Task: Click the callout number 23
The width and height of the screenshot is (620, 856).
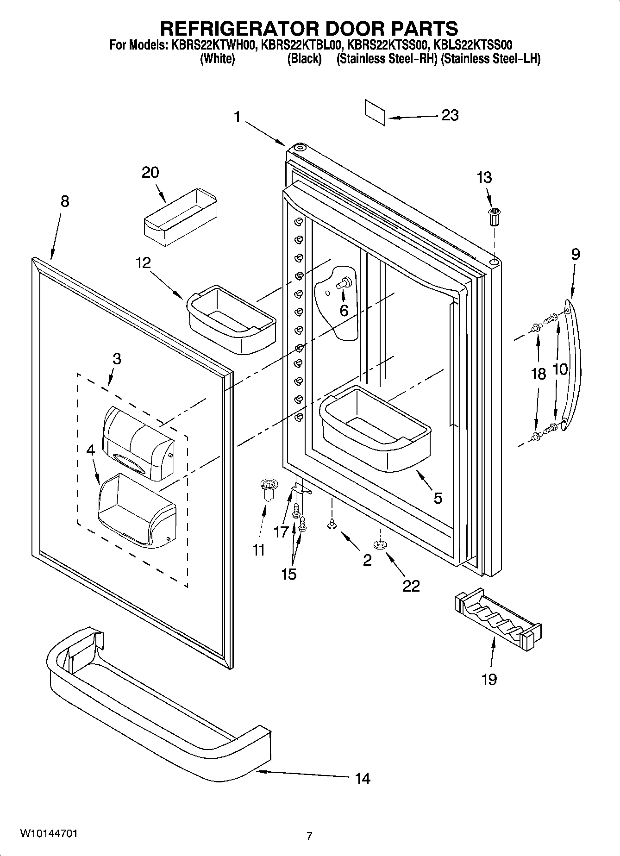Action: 450,115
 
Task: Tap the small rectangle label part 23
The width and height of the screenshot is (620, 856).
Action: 375,112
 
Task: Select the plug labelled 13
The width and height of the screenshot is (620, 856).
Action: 495,216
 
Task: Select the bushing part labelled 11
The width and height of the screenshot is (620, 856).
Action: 267,489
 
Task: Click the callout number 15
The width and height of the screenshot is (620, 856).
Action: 288,574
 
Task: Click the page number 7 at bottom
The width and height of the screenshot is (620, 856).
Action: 309,836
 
